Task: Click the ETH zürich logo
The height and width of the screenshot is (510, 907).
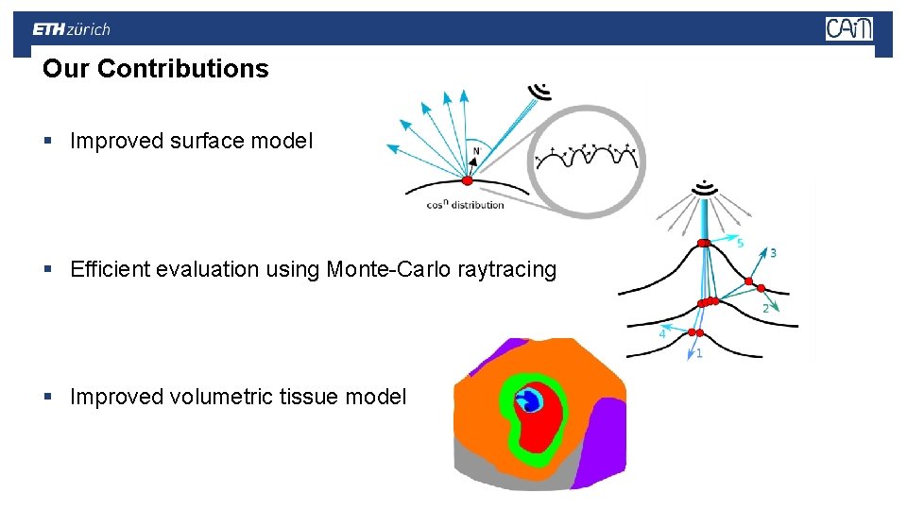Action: (x=72, y=29)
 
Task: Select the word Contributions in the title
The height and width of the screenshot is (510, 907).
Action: (x=182, y=69)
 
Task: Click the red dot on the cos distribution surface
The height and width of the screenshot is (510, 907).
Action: (x=467, y=180)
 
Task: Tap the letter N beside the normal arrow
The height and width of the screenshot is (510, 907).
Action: (x=476, y=151)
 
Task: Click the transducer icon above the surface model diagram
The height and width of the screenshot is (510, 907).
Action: (x=541, y=91)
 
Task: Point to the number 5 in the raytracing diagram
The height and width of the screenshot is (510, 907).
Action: (x=740, y=243)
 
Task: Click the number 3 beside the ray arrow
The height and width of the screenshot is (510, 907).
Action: (x=774, y=253)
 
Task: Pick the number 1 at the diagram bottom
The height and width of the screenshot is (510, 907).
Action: (x=698, y=353)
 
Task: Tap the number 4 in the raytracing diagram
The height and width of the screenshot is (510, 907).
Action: (x=662, y=333)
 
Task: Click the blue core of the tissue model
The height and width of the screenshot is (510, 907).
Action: (x=531, y=401)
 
